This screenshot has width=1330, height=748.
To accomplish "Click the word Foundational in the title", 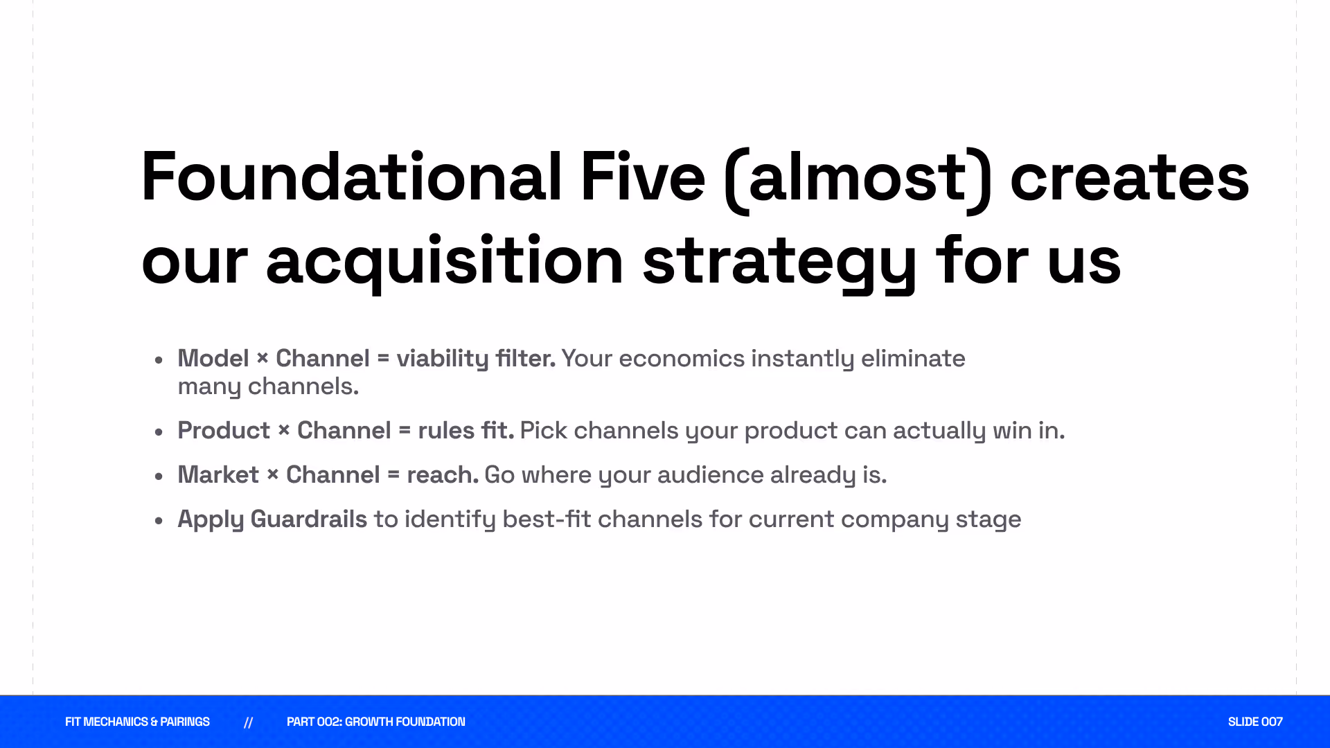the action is (x=351, y=177).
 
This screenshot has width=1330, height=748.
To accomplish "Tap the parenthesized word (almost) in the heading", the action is (x=858, y=180).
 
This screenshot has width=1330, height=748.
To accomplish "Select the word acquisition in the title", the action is (x=445, y=262).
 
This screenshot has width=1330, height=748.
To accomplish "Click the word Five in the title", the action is (x=643, y=177).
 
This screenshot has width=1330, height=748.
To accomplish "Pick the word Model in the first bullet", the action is (x=213, y=358).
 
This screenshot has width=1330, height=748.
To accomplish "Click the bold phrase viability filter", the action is (x=476, y=359).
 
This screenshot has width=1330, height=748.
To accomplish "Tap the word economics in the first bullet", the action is (x=682, y=359).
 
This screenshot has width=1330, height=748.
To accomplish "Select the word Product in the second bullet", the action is (x=224, y=430).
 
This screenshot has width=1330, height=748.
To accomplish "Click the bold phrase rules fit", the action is (x=466, y=430).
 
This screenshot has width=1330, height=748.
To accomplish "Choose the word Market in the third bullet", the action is (x=218, y=474).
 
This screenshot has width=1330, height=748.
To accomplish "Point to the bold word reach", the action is (x=443, y=475).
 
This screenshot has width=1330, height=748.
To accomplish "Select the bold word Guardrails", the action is (x=308, y=519).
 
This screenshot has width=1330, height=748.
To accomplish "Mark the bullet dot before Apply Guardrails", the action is (x=159, y=520).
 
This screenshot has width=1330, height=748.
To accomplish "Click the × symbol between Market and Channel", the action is (x=272, y=474).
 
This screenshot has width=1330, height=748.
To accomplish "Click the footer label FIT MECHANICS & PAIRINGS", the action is (x=137, y=722).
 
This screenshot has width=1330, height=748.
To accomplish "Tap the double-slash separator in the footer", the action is (x=248, y=722).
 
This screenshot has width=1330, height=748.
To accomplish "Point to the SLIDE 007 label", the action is (x=1255, y=722).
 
